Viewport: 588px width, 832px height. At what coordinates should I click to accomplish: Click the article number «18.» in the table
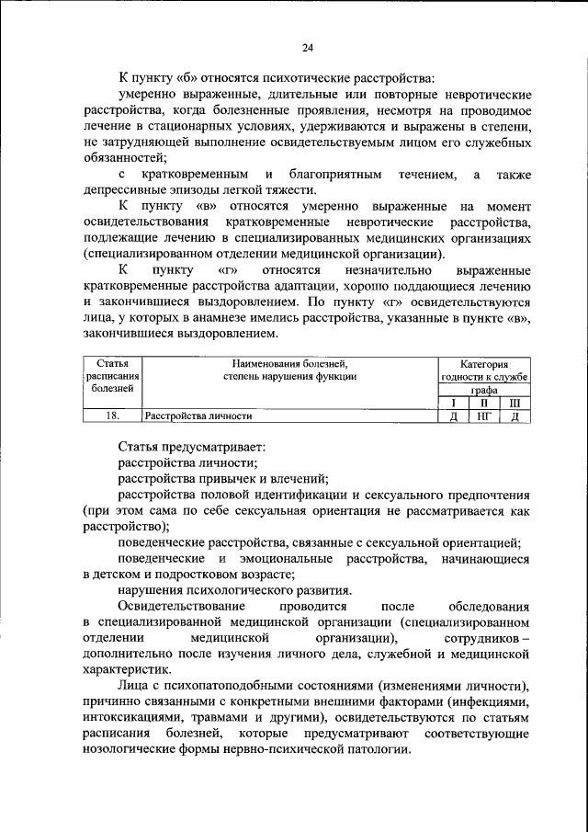coord(112,416)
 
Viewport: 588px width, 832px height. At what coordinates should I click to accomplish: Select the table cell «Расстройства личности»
coord(199,416)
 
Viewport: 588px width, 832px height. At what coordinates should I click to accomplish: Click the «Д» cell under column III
coord(514,416)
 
